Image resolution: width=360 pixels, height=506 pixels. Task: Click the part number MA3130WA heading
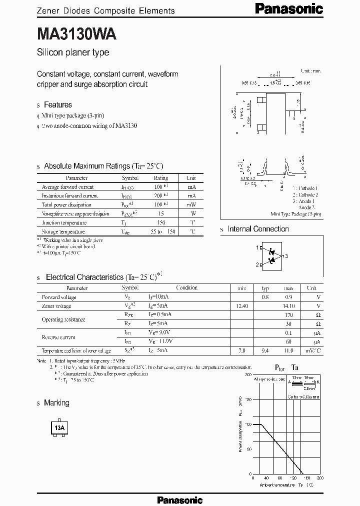(76, 34)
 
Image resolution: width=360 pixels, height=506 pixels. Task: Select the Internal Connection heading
(258, 229)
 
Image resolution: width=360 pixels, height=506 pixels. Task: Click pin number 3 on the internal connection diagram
(286, 256)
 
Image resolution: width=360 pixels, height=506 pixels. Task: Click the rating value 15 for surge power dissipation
(161, 214)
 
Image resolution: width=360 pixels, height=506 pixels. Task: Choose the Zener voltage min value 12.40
(241, 306)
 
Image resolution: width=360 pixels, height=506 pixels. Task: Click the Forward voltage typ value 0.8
(265, 297)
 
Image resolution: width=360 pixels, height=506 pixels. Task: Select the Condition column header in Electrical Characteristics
(186, 288)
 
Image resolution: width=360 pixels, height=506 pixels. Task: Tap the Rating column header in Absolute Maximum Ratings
(161, 178)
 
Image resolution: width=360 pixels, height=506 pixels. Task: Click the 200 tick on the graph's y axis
(248, 374)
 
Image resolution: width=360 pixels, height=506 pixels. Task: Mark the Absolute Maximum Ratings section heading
(103, 166)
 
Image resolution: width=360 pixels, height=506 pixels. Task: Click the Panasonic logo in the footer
(180, 499)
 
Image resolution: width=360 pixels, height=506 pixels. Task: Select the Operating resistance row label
(63, 319)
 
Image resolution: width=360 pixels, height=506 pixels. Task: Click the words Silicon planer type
(73, 52)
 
